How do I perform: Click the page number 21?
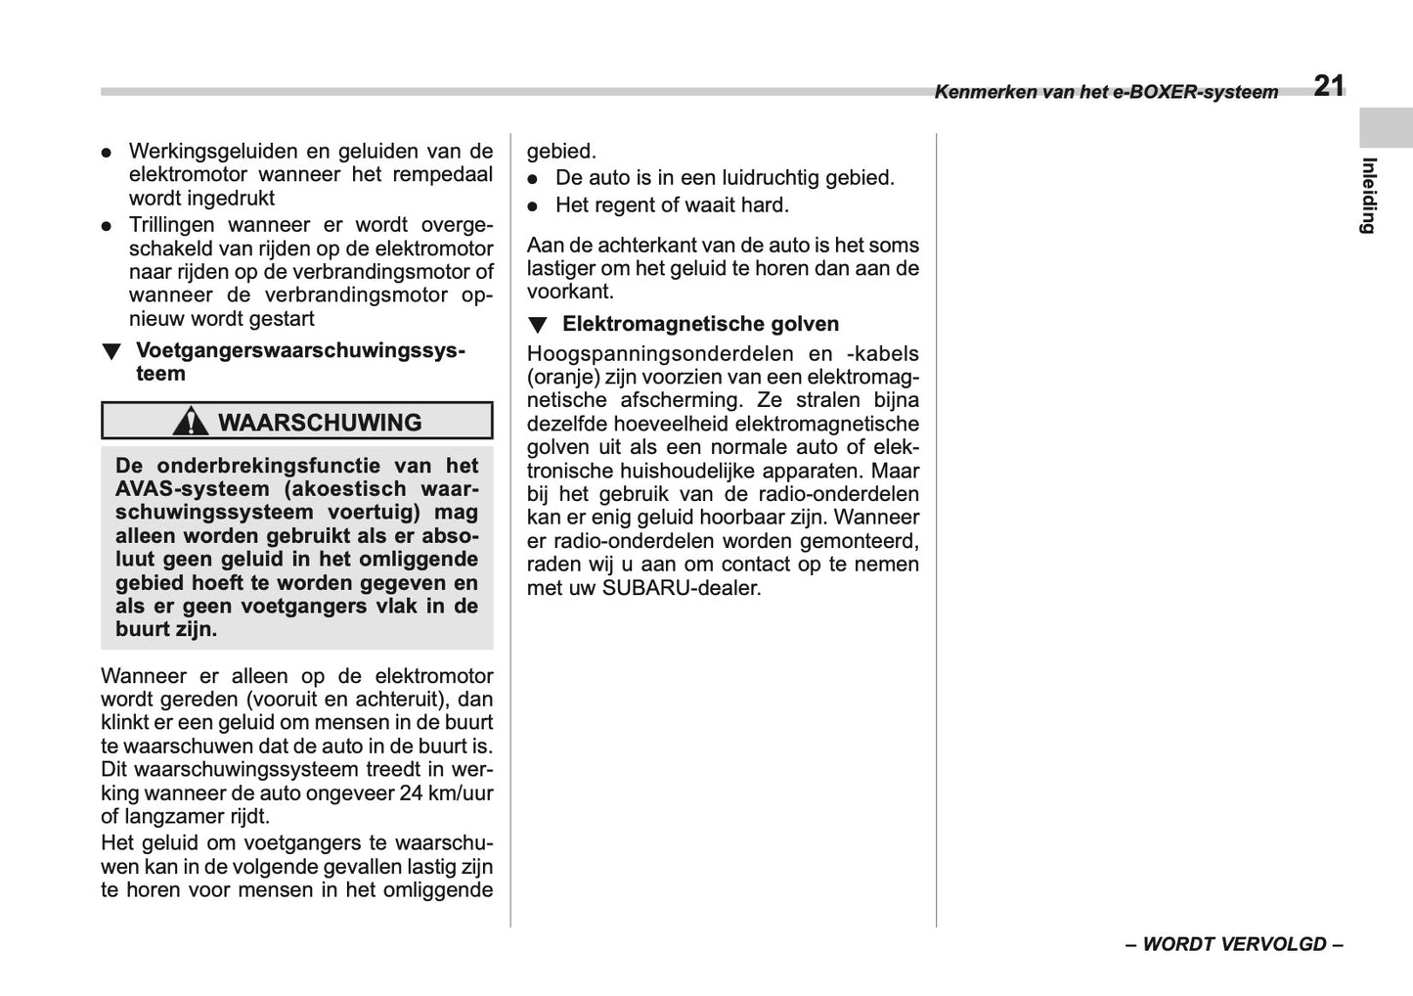point(1328,86)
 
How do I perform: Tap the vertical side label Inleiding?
point(1369,196)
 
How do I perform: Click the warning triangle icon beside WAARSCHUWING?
point(190,422)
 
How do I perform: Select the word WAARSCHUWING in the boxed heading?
point(320,423)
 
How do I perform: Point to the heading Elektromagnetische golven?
point(700,324)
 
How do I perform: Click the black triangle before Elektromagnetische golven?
point(537,325)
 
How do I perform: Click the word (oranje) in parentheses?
point(564,377)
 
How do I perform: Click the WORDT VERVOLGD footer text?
point(1234,944)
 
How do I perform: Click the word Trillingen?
point(175,225)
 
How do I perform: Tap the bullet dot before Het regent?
point(533,206)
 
